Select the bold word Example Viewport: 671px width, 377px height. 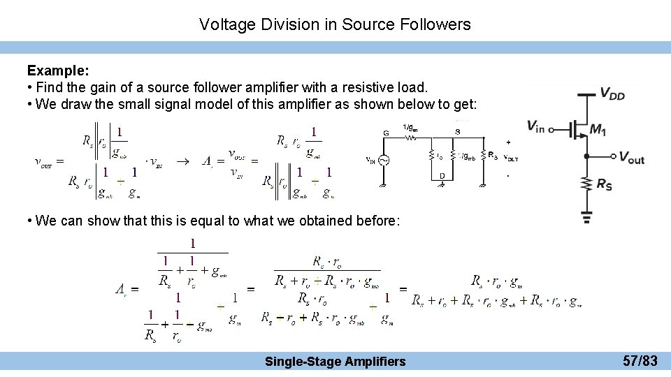coord(57,71)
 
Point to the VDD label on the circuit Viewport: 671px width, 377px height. coord(612,94)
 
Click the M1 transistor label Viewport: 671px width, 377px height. coord(598,129)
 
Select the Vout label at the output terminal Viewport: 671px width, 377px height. coord(632,158)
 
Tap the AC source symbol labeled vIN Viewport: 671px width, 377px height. coord(384,160)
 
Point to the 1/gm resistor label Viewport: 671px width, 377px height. coord(411,127)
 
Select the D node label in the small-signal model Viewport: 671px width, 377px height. coord(442,175)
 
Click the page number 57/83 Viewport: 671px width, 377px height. coord(640,361)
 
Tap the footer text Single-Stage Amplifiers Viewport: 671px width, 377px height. coord(335,361)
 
